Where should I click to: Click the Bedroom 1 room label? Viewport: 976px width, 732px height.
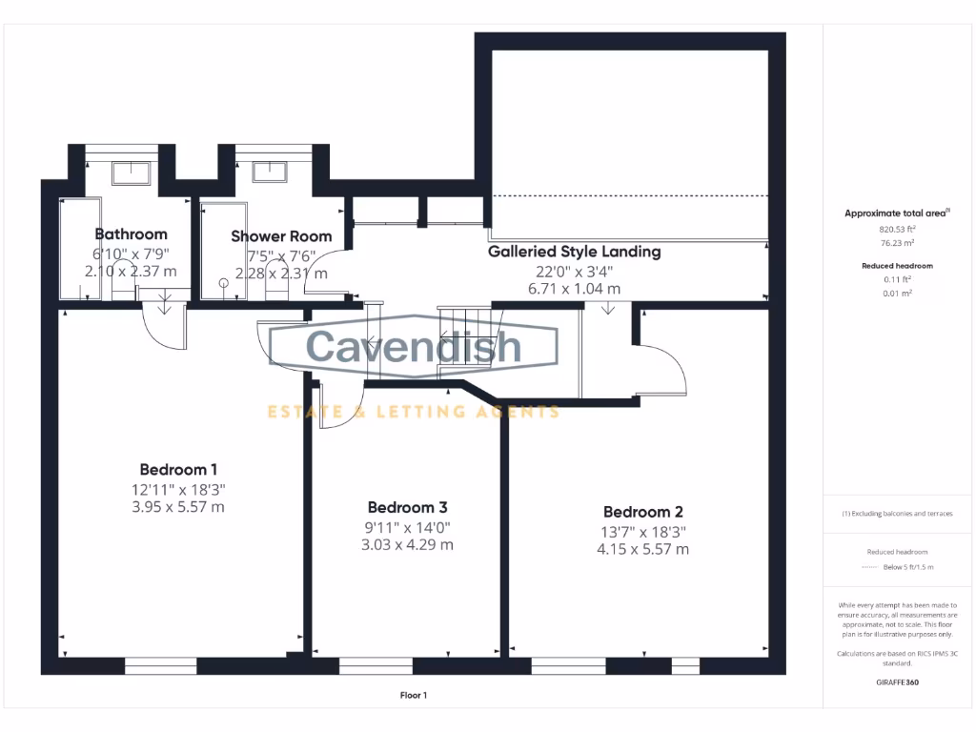(x=178, y=469)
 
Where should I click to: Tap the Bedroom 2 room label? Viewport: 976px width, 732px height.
(x=642, y=512)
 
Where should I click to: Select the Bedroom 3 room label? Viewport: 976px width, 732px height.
(x=407, y=507)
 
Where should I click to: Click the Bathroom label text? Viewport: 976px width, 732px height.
(x=131, y=234)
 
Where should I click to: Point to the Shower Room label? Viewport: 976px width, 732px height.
(x=281, y=236)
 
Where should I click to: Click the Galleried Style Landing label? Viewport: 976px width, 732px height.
(x=574, y=253)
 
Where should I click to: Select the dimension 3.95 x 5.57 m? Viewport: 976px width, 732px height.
(x=178, y=507)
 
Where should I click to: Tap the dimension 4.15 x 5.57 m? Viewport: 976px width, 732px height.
(x=642, y=549)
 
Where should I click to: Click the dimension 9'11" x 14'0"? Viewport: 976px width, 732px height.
(x=407, y=527)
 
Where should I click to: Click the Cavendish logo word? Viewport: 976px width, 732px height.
(x=414, y=346)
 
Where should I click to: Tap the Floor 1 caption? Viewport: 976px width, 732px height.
(x=414, y=696)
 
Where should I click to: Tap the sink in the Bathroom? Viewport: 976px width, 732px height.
(x=131, y=173)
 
